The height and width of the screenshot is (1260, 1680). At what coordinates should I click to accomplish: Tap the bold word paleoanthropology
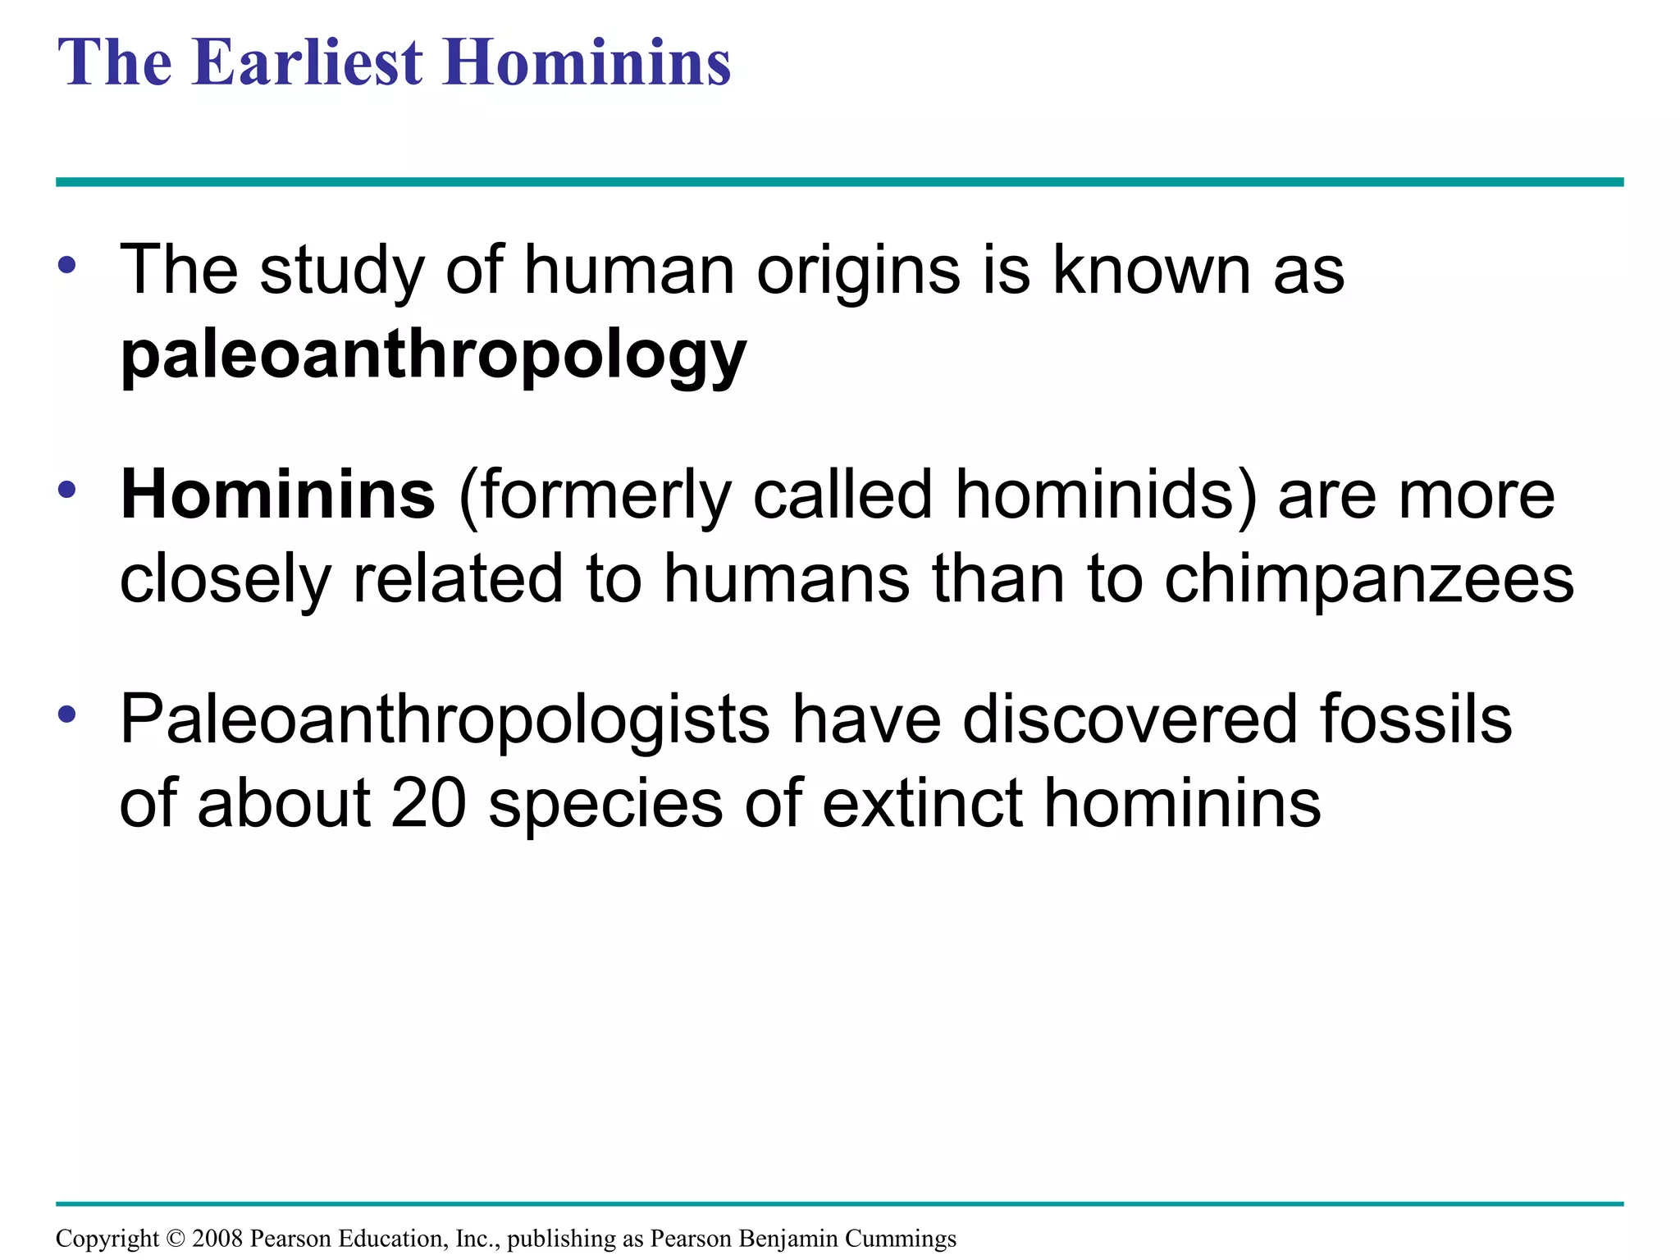(433, 356)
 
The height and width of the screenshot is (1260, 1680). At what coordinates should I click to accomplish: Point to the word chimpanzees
(1369, 580)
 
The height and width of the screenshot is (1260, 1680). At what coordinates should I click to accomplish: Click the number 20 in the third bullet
(428, 803)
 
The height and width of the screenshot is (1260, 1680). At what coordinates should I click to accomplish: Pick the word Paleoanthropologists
(445, 719)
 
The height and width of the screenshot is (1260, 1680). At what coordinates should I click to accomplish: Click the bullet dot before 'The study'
(67, 266)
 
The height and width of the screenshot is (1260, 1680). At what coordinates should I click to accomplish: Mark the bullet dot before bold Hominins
(67, 491)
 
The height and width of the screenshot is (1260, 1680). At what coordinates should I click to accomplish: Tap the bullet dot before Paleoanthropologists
(67, 714)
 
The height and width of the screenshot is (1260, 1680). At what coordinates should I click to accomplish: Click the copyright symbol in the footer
(176, 1238)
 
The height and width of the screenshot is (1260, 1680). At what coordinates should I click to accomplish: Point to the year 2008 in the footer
(217, 1238)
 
